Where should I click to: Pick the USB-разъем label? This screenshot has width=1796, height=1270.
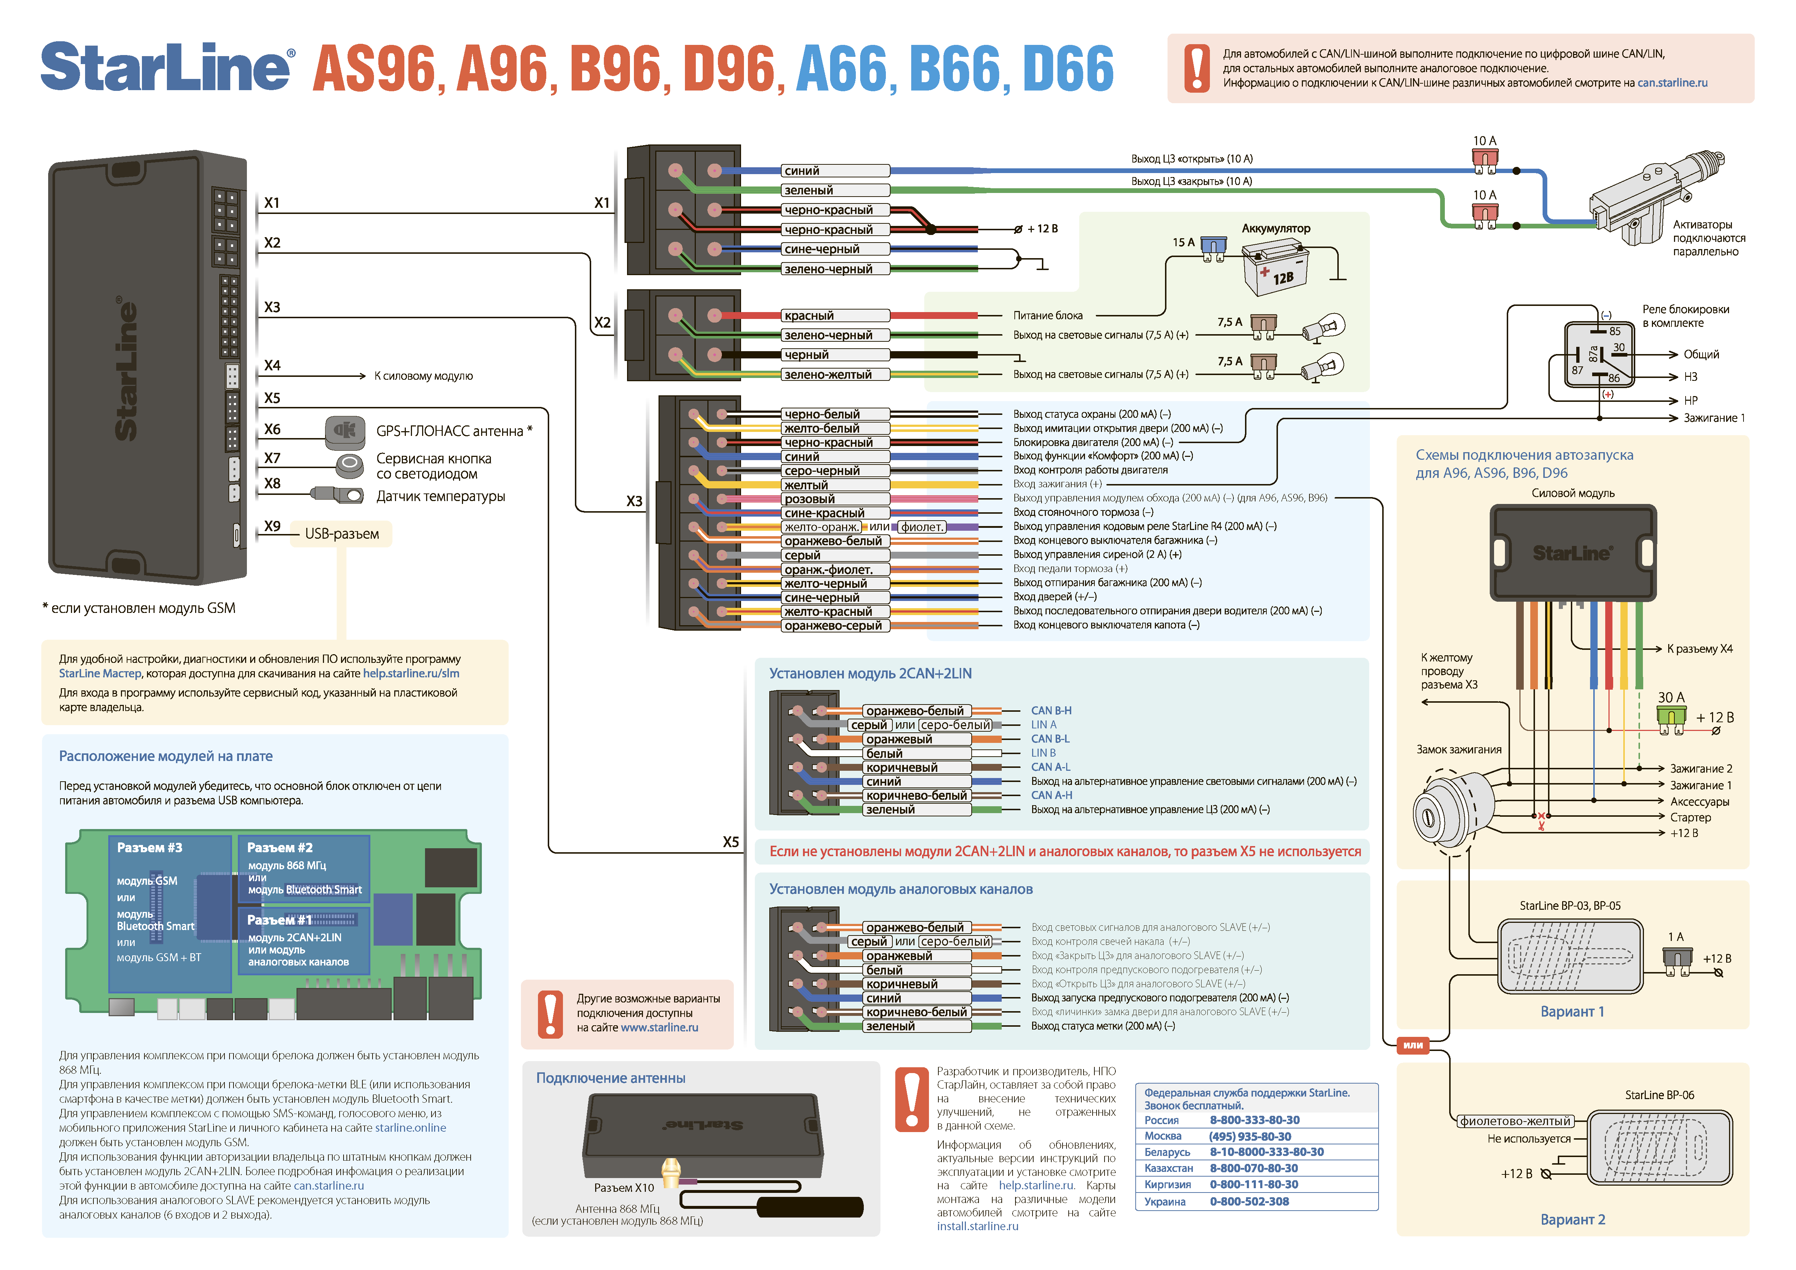(x=342, y=534)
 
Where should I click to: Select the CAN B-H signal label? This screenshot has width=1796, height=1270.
(x=1051, y=711)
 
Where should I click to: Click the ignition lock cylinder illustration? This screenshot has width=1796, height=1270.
(x=1454, y=813)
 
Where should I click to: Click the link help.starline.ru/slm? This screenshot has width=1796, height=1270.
(x=411, y=673)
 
